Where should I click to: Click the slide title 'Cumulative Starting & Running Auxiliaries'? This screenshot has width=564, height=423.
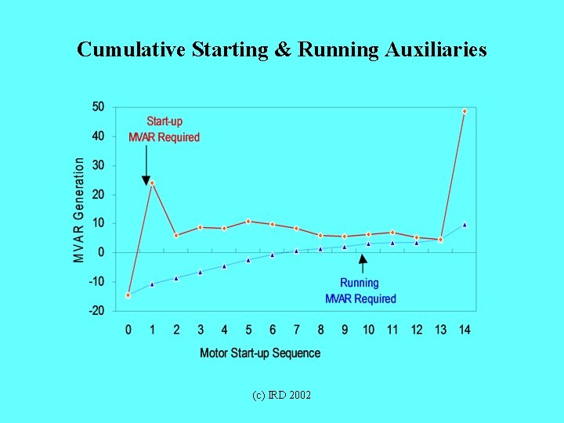coord(282,50)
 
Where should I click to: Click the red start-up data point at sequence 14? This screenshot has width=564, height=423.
coord(465,111)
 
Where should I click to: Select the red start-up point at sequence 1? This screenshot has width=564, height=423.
coord(152,183)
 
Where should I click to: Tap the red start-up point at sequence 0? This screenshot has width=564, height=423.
coord(128,295)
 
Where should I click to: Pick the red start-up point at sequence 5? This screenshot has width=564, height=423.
coord(248,222)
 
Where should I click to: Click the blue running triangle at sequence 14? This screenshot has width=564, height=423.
coord(465,225)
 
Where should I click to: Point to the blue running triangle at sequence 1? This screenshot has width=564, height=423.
coord(152,284)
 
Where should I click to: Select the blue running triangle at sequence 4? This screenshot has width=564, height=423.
coord(224,266)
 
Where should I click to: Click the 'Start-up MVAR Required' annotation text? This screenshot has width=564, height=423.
coord(164,129)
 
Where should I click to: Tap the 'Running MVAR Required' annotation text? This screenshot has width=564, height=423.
coord(360,291)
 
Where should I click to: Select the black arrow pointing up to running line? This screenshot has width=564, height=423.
coord(362,262)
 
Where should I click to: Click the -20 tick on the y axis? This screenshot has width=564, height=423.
coord(97,311)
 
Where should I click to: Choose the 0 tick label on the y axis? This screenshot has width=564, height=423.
coord(102,253)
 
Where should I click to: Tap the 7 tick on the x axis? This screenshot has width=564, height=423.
coord(296,330)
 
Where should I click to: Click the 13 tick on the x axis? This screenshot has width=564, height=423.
coord(440,330)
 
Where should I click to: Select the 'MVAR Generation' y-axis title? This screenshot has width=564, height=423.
coord(79,210)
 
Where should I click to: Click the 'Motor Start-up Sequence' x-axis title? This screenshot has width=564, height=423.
coord(260,353)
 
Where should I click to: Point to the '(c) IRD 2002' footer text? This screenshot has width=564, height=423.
coord(281,395)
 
